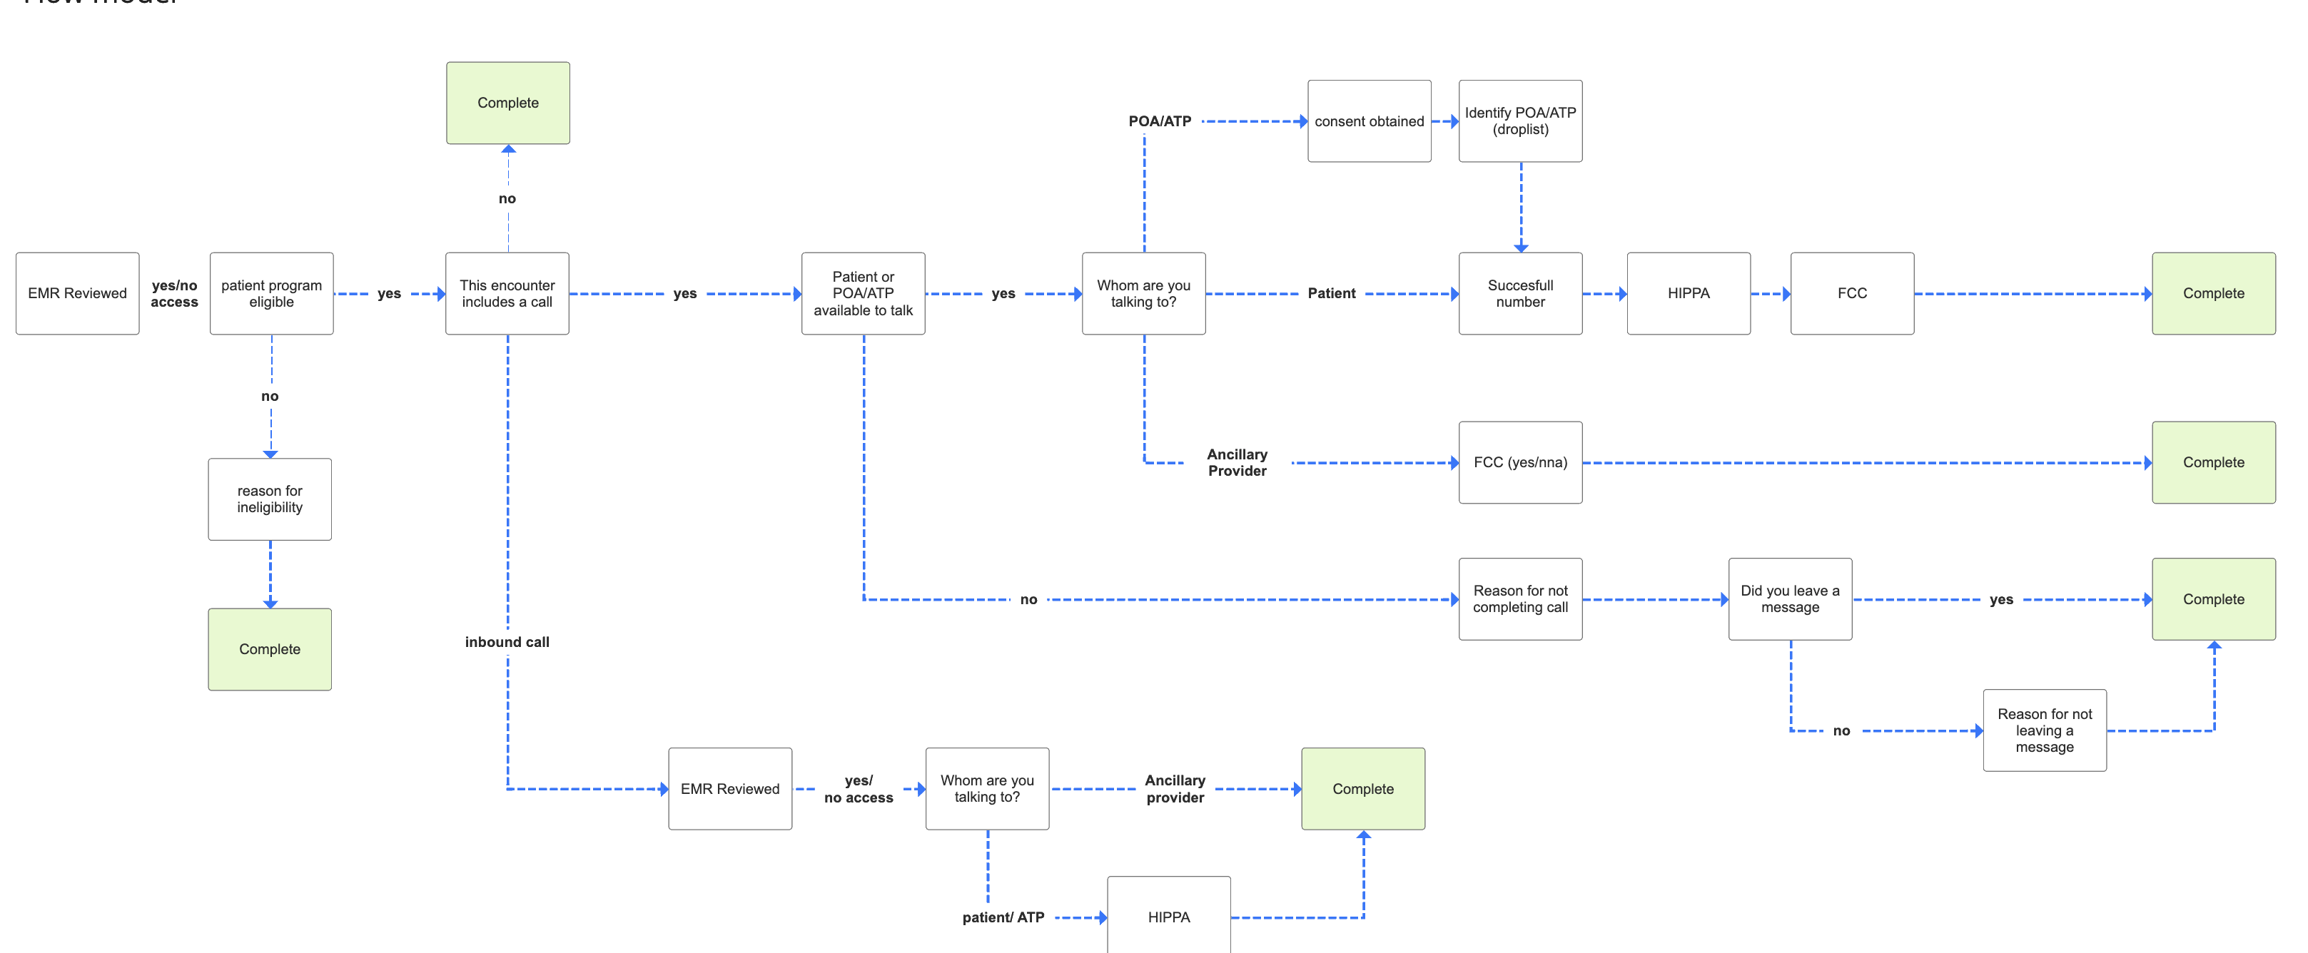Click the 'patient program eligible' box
click(x=271, y=294)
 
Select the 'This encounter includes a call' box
click(x=507, y=294)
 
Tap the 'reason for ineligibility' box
click(x=270, y=499)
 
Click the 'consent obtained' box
click(x=1369, y=121)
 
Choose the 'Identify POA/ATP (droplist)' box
click(x=1520, y=121)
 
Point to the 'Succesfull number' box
click(x=1520, y=294)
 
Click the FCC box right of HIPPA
click(x=1852, y=294)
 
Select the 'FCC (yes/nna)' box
click(x=1520, y=462)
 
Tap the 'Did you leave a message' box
click(x=1790, y=599)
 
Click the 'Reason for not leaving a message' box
click(x=2045, y=730)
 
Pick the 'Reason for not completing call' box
click(x=1520, y=599)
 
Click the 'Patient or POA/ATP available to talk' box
click(x=863, y=294)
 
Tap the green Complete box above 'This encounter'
click(x=508, y=103)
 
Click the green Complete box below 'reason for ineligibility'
click(x=270, y=649)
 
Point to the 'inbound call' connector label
click(x=507, y=641)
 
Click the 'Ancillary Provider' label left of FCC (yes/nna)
click(x=1237, y=462)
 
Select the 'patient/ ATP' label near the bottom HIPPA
click(x=1003, y=917)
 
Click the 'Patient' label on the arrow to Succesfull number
click(x=1332, y=293)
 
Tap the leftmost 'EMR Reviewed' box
click(x=77, y=294)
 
